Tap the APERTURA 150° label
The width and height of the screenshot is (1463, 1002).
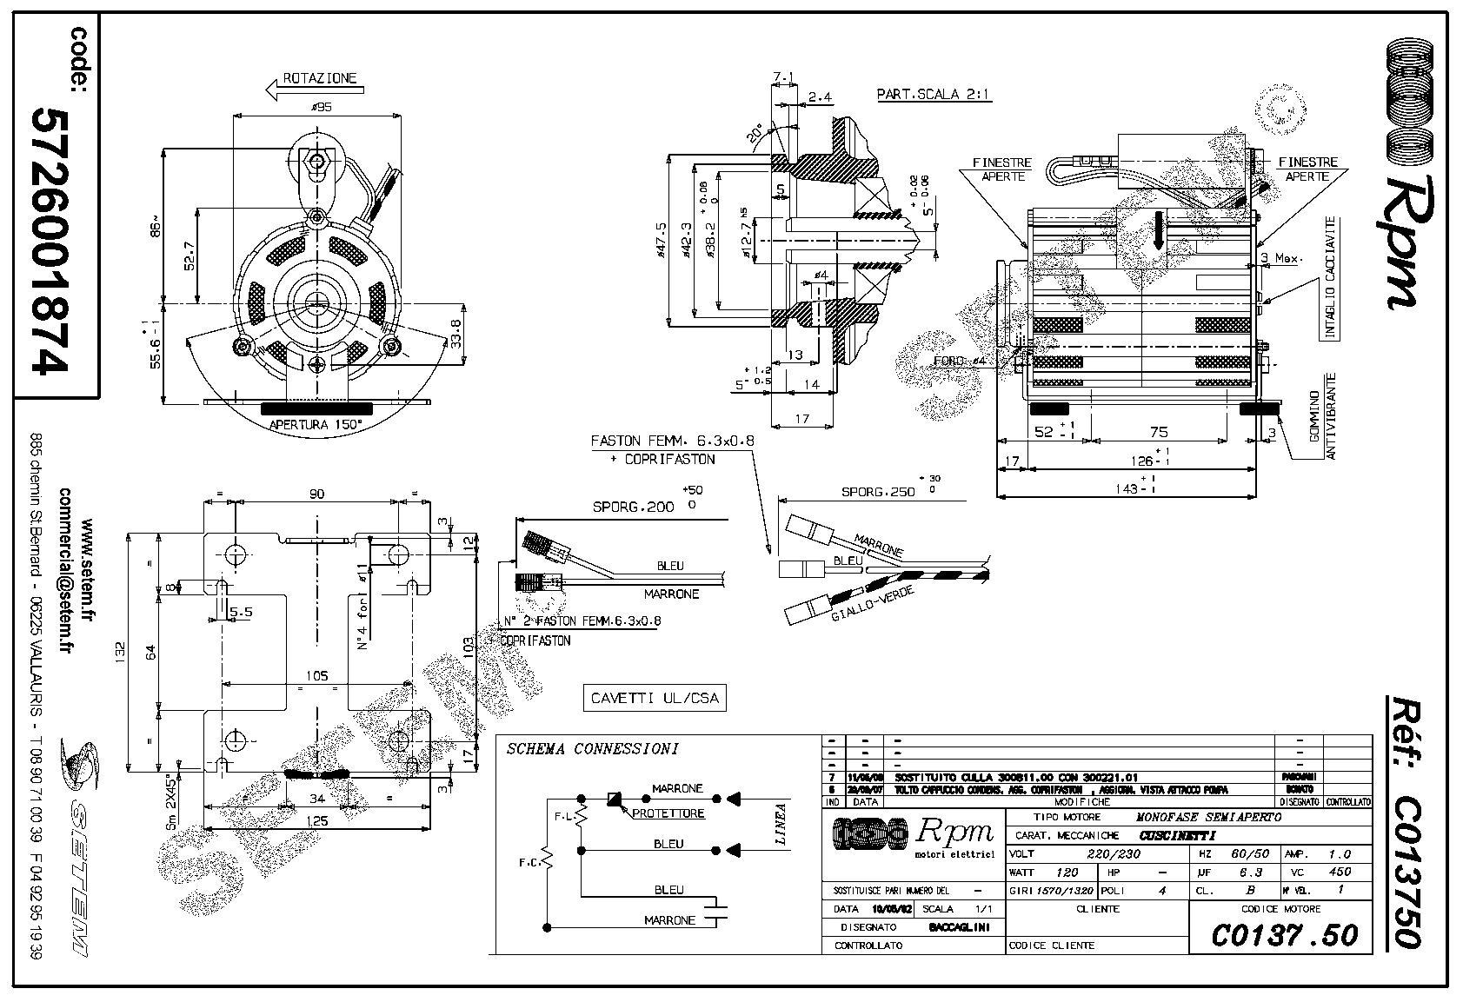click(316, 425)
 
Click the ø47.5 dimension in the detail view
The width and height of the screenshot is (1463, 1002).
click(662, 242)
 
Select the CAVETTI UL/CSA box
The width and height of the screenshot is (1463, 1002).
click(655, 698)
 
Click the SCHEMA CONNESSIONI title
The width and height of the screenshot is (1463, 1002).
click(592, 748)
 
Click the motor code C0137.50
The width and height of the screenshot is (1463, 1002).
click(1284, 934)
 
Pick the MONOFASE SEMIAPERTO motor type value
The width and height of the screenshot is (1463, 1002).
click(1208, 817)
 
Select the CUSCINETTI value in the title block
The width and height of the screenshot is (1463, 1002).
click(1178, 835)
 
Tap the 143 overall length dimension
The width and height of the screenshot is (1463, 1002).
click(1128, 488)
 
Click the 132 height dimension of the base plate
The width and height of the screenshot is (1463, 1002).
click(121, 648)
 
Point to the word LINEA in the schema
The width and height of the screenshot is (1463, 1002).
click(780, 823)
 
